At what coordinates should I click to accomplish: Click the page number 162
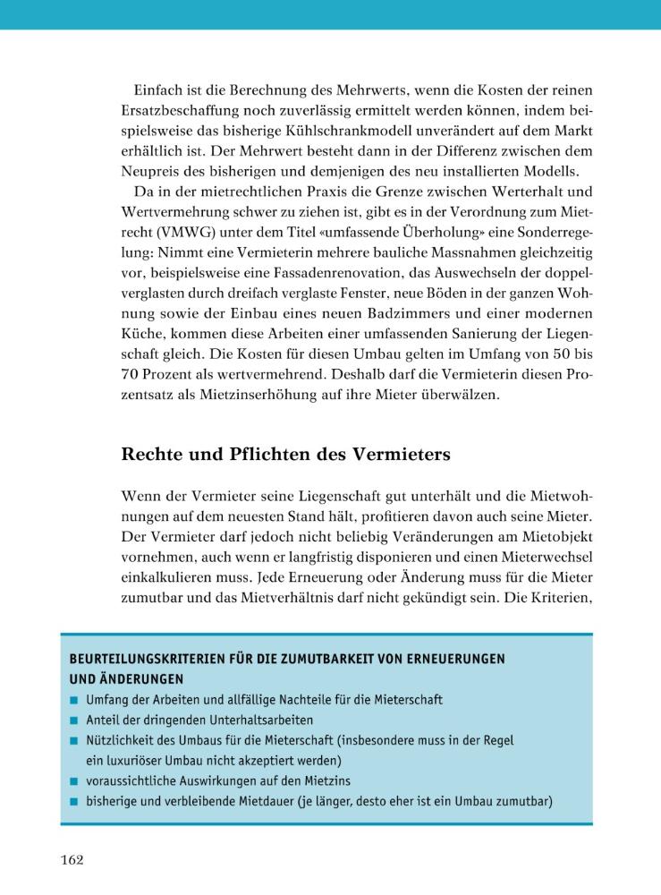pyautogui.click(x=72, y=860)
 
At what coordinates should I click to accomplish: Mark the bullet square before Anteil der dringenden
pyautogui.click(x=74, y=720)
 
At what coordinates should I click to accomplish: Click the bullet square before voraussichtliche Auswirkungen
pyautogui.click(x=74, y=780)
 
